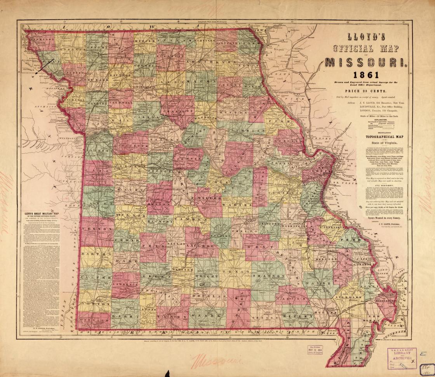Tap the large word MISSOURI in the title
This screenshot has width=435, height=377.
coord(367,62)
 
